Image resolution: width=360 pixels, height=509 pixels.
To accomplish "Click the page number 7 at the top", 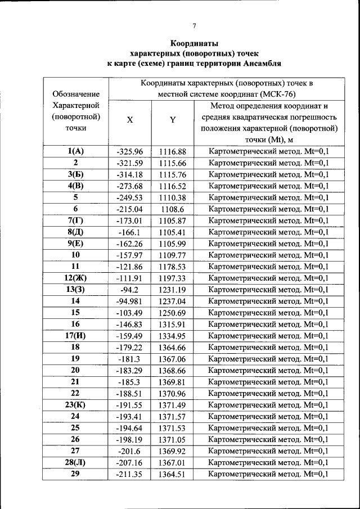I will pyautogui.click(x=194, y=25).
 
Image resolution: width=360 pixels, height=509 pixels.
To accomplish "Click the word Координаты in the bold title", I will pyautogui.click(x=194, y=43).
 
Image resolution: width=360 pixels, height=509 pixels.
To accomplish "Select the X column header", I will pyautogui.click(x=130, y=120).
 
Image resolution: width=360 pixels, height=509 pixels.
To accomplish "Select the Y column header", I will pyautogui.click(x=173, y=120).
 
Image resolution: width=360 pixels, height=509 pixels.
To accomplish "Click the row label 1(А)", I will pyautogui.click(x=75, y=151).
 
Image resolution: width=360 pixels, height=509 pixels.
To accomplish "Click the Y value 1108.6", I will pyautogui.click(x=172, y=209).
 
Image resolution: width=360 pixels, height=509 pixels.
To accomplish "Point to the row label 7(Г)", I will pyautogui.click(x=75, y=220).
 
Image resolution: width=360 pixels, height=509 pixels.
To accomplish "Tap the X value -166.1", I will pyautogui.click(x=130, y=232).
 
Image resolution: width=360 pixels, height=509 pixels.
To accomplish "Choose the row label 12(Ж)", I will pyautogui.click(x=75, y=278).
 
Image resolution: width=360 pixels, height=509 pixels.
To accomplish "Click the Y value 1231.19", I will pyautogui.click(x=172, y=290).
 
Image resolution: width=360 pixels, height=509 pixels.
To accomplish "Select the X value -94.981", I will pyautogui.click(x=130, y=301).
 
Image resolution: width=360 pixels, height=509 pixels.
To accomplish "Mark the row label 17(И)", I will pyautogui.click(x=75, y=336).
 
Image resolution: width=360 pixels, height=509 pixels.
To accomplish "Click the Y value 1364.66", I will pyautogui.click(x=172, y=348).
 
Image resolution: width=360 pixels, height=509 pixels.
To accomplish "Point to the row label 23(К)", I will pyautogui.click(x=75, y=404).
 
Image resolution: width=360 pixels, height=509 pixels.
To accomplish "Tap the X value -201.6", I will pyautogui.click(x=130, y=451).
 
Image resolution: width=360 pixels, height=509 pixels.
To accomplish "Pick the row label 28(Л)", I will pyautogui.click(x=75, y=462).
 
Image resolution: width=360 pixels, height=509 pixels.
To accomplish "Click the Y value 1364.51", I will pyautogui.click(x=172, y=474).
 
